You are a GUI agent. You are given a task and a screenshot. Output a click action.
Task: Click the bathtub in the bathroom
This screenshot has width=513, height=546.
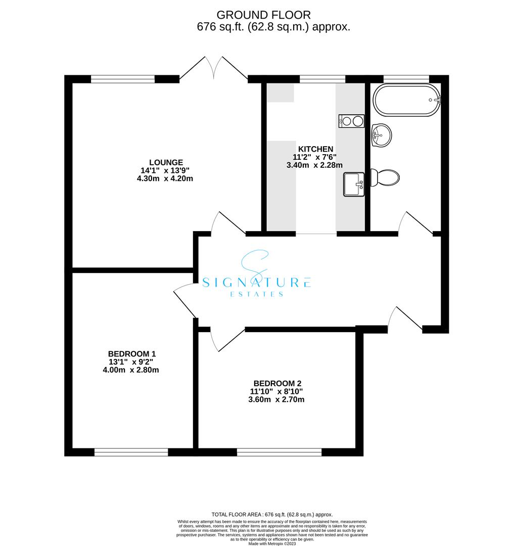point(407,101)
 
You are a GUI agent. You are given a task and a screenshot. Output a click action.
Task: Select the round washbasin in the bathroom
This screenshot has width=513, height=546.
point(381,135)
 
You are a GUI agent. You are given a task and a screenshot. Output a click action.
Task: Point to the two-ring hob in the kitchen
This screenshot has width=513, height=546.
point(352,121)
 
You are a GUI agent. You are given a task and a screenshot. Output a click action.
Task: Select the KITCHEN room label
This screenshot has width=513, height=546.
point(315,149)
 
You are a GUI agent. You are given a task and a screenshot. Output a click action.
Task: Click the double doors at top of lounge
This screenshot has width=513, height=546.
point(214,68)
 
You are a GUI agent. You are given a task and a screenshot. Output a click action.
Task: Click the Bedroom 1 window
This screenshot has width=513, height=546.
point(131,452)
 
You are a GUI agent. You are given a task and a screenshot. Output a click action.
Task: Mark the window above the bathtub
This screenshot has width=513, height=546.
point(406,78)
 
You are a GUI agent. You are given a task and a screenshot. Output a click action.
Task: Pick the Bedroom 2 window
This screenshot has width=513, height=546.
point(279,452)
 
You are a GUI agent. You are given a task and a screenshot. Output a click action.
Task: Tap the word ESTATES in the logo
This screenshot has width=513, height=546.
point(257,294)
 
